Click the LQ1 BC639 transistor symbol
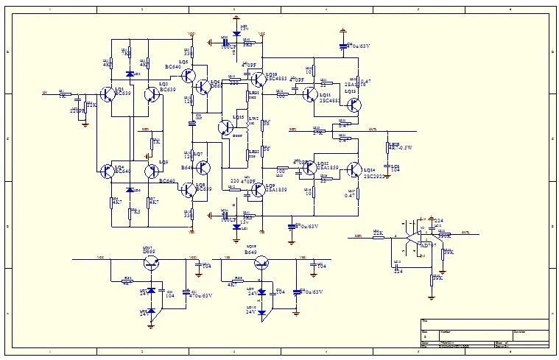(x=105, y=98)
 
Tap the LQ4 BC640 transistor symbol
(x=105, y=170)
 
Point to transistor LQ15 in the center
(x=226, y=127)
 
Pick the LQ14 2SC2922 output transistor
(x=354, y=171)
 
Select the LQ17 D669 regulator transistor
(x=151, y=264)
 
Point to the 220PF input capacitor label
(x=77, y=110)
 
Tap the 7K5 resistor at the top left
(x=127, y=53)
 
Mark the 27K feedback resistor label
(x=317, y=133)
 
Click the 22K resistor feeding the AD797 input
(x=378, y=235)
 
